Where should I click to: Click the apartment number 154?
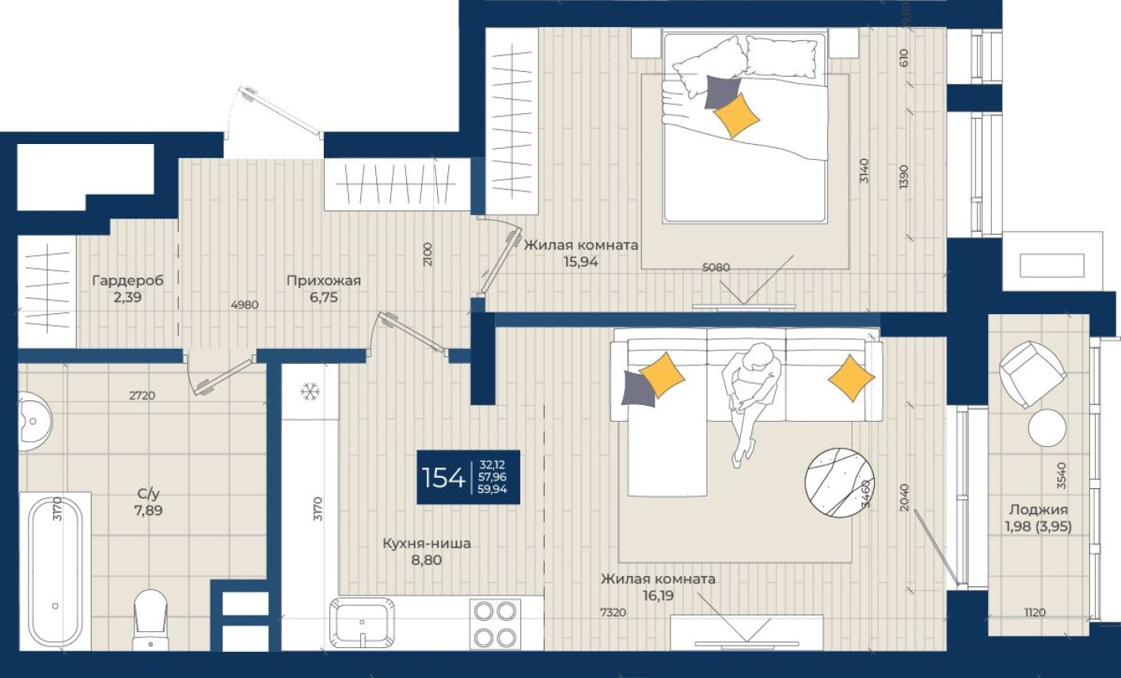click(x=443, y=477)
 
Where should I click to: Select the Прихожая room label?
click(x=323, y=281)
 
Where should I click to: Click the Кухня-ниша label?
click(x=426, y=544)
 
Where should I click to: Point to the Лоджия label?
click(x=1039, y=510)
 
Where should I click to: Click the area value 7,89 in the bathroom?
click(x=149, y=510)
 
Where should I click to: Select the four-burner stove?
click(x=494, y=623)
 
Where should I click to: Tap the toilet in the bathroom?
click(x=150, y=618)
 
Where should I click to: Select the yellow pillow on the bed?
click(x=736, y=116)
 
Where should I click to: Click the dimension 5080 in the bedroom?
click(x=716, y=267)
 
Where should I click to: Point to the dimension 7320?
click(x=612, y=612)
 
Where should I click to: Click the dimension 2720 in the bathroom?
click(x=142, y=396)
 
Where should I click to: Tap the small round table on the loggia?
click(x=1047, y=428)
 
